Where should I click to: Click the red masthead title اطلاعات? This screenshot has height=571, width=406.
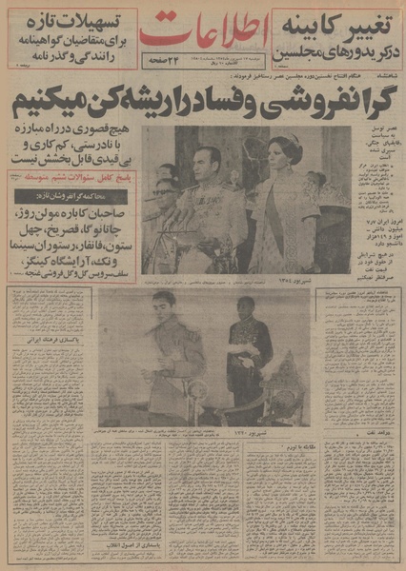203,32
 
